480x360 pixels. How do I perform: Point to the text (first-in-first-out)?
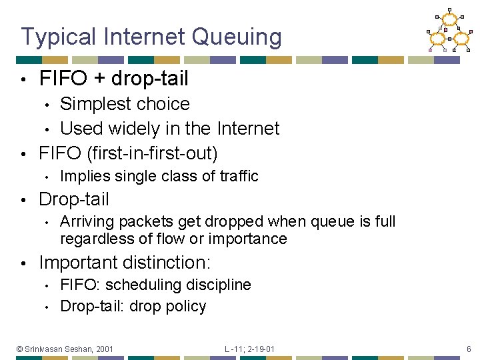tap(153, 153)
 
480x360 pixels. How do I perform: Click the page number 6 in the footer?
tap(469, 349)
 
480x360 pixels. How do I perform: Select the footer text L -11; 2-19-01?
tap(249, 349)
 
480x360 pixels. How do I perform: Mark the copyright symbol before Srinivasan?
tap(20, 349)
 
